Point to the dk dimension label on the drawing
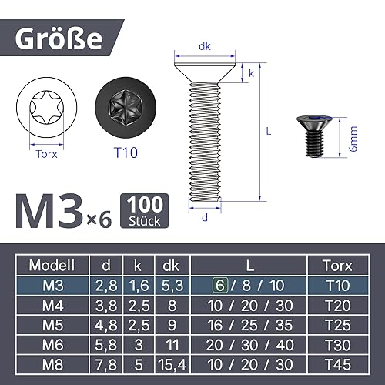tap(205, 47)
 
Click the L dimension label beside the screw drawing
tap(269, 131)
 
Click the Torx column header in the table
tap(336, 266)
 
